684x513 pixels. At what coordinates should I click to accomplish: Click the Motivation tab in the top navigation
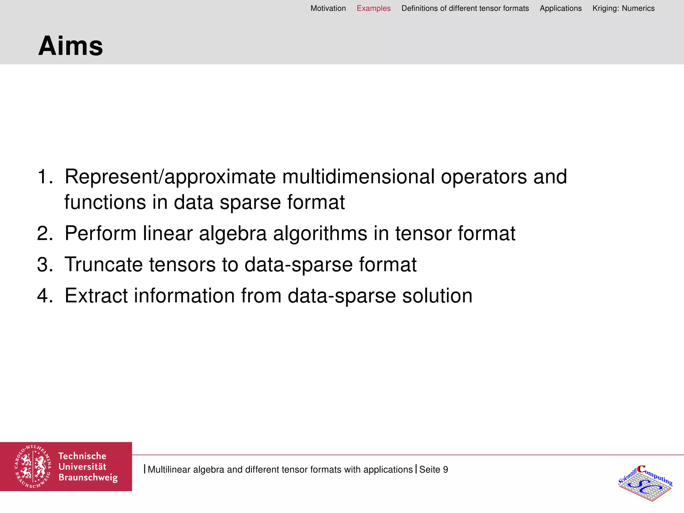click(328, 8)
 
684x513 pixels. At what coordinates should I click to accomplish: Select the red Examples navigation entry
click(373, 8)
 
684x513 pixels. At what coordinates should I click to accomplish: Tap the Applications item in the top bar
click(560, 8)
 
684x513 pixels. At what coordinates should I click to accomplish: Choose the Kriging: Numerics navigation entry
click(623, 8)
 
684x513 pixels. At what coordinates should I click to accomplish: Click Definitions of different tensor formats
click(465, 8)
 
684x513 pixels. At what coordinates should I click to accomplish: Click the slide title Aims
click(70, 46)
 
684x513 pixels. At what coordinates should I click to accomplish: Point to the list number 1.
click(45, 176)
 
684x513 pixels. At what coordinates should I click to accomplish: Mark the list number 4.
click(45, 296)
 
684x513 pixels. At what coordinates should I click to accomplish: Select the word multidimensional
click(358, 176)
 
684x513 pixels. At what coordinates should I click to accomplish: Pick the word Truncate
click(104, 265)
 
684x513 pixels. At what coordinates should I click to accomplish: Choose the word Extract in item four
click(96, 296)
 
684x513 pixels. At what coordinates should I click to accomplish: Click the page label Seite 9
click(434, 469)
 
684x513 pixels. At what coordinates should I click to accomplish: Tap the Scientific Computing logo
click(645, 483)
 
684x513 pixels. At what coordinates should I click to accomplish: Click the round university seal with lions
click(33, 467)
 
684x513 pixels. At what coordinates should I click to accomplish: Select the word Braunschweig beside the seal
click(88, 477)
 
